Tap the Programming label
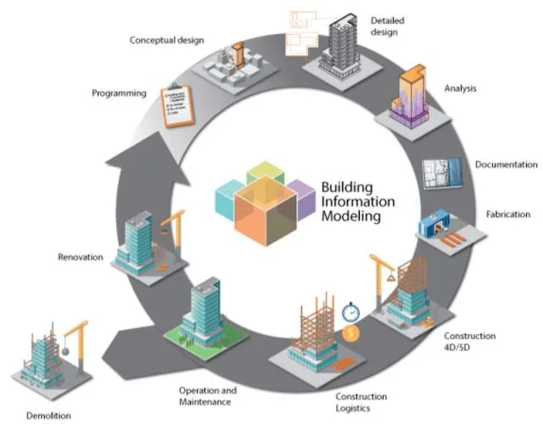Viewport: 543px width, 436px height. [x=119, y=93]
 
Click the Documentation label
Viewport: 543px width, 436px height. [x=506, y=164]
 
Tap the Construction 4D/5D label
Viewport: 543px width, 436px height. [x=470, y=342]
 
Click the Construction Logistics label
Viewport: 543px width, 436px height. [x=361, y=401]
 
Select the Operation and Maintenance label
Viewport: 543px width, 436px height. [x=207, y=395]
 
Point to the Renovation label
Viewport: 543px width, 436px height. [x=80, y=256]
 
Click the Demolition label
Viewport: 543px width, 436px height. [x=48, y=416]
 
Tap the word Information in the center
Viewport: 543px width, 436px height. [x=357, y=202]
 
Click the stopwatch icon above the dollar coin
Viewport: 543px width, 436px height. [x=351, y=312]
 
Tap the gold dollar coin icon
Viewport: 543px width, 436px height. [x=351, y=333]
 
